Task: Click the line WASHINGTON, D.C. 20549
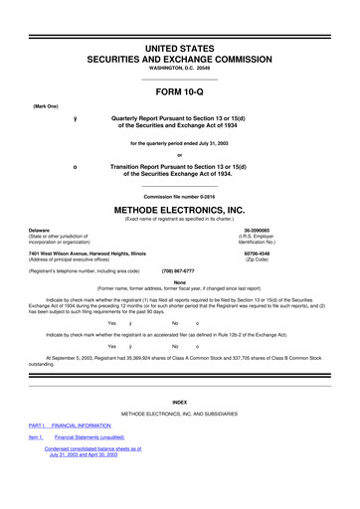[180, 55]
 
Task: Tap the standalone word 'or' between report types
[180, 152]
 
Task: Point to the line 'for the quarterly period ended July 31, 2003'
[180, 141]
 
